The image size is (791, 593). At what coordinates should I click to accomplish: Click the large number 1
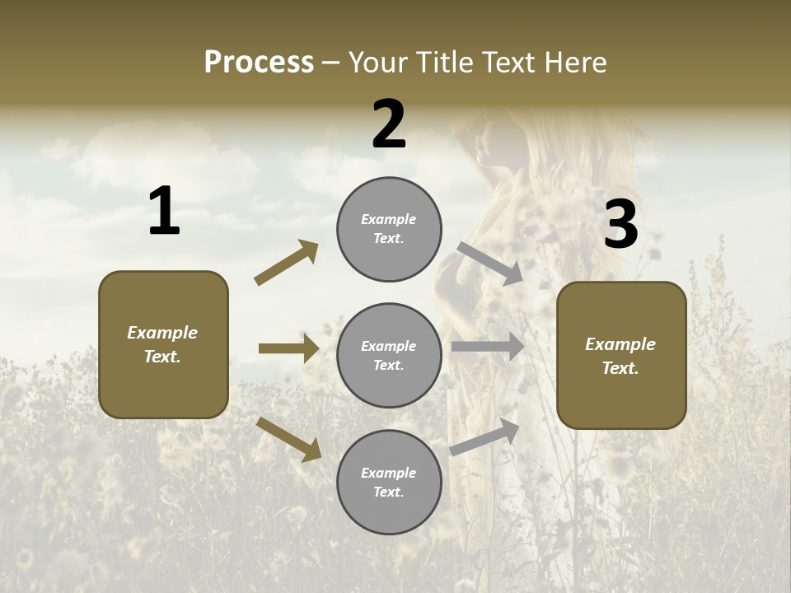[164, 212]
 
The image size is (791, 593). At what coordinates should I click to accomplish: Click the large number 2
[389, 124]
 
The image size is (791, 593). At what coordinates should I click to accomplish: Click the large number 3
[620, 225]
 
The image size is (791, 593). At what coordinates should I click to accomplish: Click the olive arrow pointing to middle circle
[288, 348]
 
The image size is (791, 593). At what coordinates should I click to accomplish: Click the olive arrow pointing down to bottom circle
[288, 438]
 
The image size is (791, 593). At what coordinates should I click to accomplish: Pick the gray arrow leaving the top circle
[489, 263]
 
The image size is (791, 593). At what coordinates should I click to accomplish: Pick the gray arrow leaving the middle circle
[488, 347]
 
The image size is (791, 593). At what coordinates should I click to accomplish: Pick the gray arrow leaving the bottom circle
[484, 437]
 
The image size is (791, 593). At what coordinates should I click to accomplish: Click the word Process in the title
[259, 62]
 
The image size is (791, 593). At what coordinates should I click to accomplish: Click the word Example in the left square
[162, 333]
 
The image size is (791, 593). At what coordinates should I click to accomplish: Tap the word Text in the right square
[620, 368]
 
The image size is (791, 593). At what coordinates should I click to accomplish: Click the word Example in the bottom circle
[388, 473]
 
